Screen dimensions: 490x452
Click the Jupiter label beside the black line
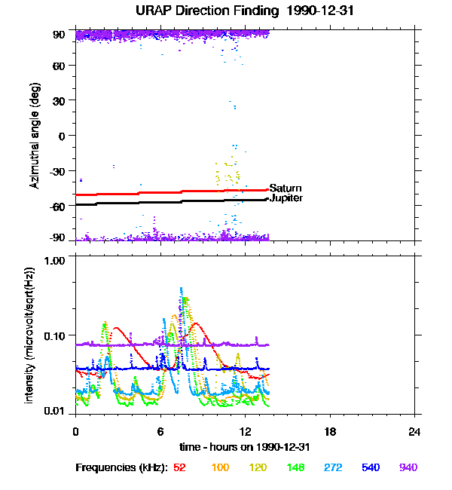(x=286, y=198)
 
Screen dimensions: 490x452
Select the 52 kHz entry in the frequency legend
(x=180, y=467)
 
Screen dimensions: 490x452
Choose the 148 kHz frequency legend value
(x=295, y=467)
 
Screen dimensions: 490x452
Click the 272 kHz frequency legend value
(x=332, y=467)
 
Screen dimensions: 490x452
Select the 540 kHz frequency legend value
(x=370, y=467)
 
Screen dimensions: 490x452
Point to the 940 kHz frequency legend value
(x=408, y=467)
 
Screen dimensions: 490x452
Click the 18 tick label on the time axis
(x=330, y=431)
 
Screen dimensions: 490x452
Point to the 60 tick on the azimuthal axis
(x=59, y=66)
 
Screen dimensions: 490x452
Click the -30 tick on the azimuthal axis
(x=56, y=171)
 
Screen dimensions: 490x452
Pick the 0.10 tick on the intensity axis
(x=55, y=335)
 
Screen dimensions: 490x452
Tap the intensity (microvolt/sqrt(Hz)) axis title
(x=30, y=334)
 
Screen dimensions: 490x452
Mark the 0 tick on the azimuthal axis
(x=63, y=136)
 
